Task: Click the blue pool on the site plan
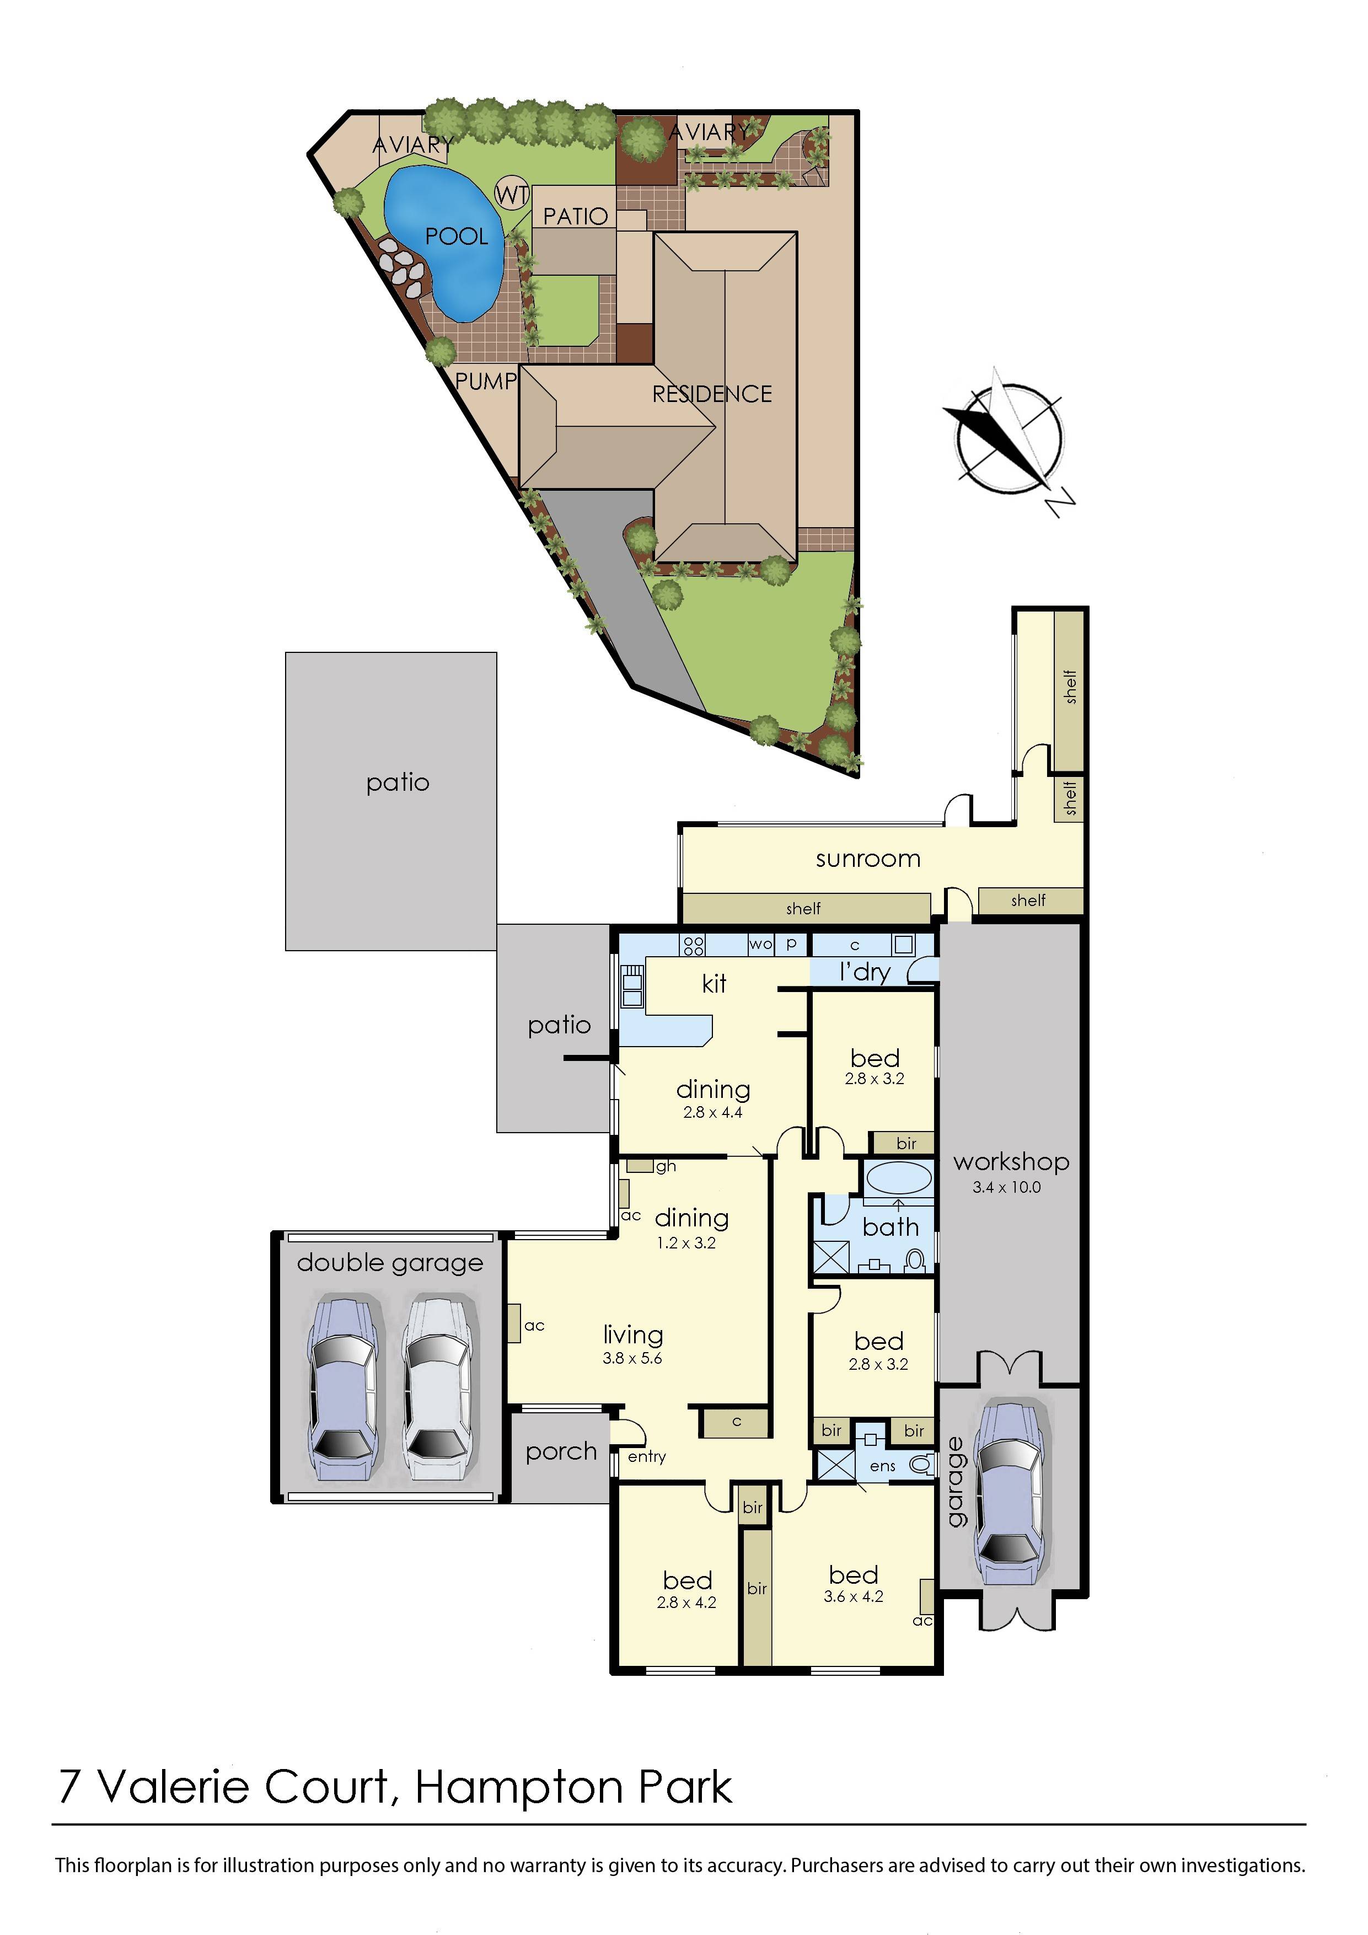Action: point(445,240)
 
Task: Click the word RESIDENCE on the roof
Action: point(712,394)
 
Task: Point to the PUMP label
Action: point(486,381)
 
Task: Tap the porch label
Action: point(561,1451)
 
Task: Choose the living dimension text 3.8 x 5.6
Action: point(632,1358)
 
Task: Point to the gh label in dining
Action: point(666,1166)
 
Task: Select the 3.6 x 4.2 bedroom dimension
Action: point(853,1596)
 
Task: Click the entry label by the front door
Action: point(646,1456)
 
